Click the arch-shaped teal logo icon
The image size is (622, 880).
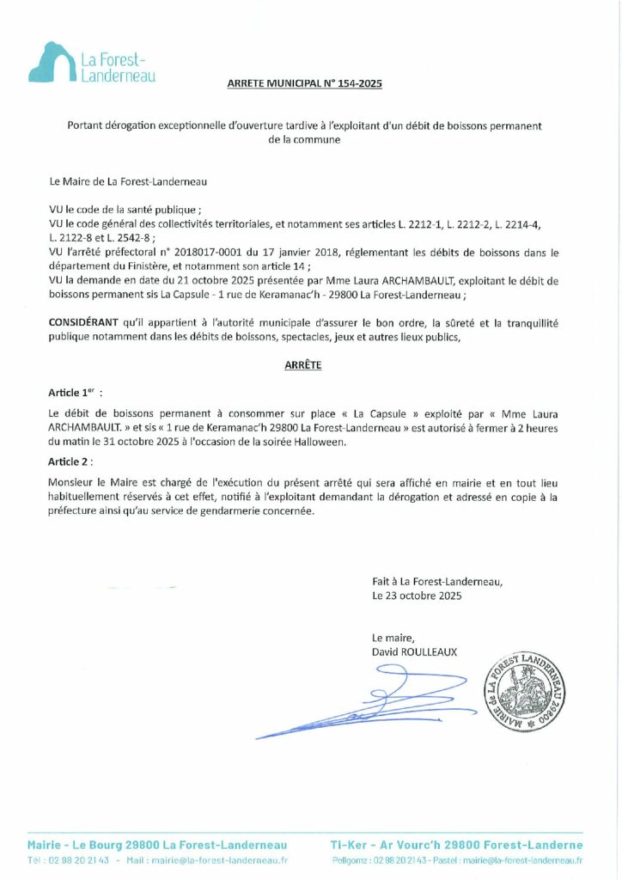tap(52, 63)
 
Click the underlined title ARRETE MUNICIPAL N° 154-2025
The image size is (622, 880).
tap(304, 84)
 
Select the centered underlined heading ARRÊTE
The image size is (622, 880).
tap(303, 365)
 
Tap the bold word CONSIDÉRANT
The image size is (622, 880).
tap(84, 322)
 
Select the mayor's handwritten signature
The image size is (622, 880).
tap(361, 700)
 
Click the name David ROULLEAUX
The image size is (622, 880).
tap(414, 652)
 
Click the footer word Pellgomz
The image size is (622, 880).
tap(351, 859)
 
